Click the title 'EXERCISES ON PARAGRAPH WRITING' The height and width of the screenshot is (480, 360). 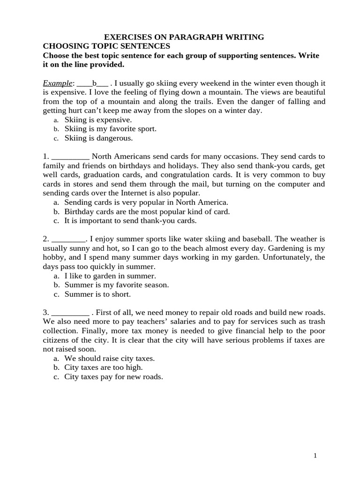pyautogui.click(x=184, y=37)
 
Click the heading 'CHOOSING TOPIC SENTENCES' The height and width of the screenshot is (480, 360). pyautogui.click(x=106, y=46)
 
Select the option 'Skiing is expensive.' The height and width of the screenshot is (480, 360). pyautogui.click(x=91, y=120)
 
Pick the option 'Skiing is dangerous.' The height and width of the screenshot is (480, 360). pyautogui.click(x=98, y=138)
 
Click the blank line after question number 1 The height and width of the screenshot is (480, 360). pyautogui.click(x=70, y=157)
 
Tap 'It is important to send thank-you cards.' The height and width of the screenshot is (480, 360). pyautogui.click(x=130, y=220)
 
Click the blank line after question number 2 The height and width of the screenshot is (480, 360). pyautogui.click(x=68, y=239)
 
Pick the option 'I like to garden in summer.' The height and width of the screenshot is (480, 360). pyautogui.click(x=110, y=276)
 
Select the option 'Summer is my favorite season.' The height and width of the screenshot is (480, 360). pyautogui.click(x=117, y=285)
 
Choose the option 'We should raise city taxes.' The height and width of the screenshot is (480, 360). pyautogui.click(x=109, y=358)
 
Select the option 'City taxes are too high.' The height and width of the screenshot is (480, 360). pyautogui.click(x=103, y=367)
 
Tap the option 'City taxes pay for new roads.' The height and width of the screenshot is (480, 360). pyautogui.click(x=113, y=376)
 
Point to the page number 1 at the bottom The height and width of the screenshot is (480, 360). pyautogui.click(x=315, y=456)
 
